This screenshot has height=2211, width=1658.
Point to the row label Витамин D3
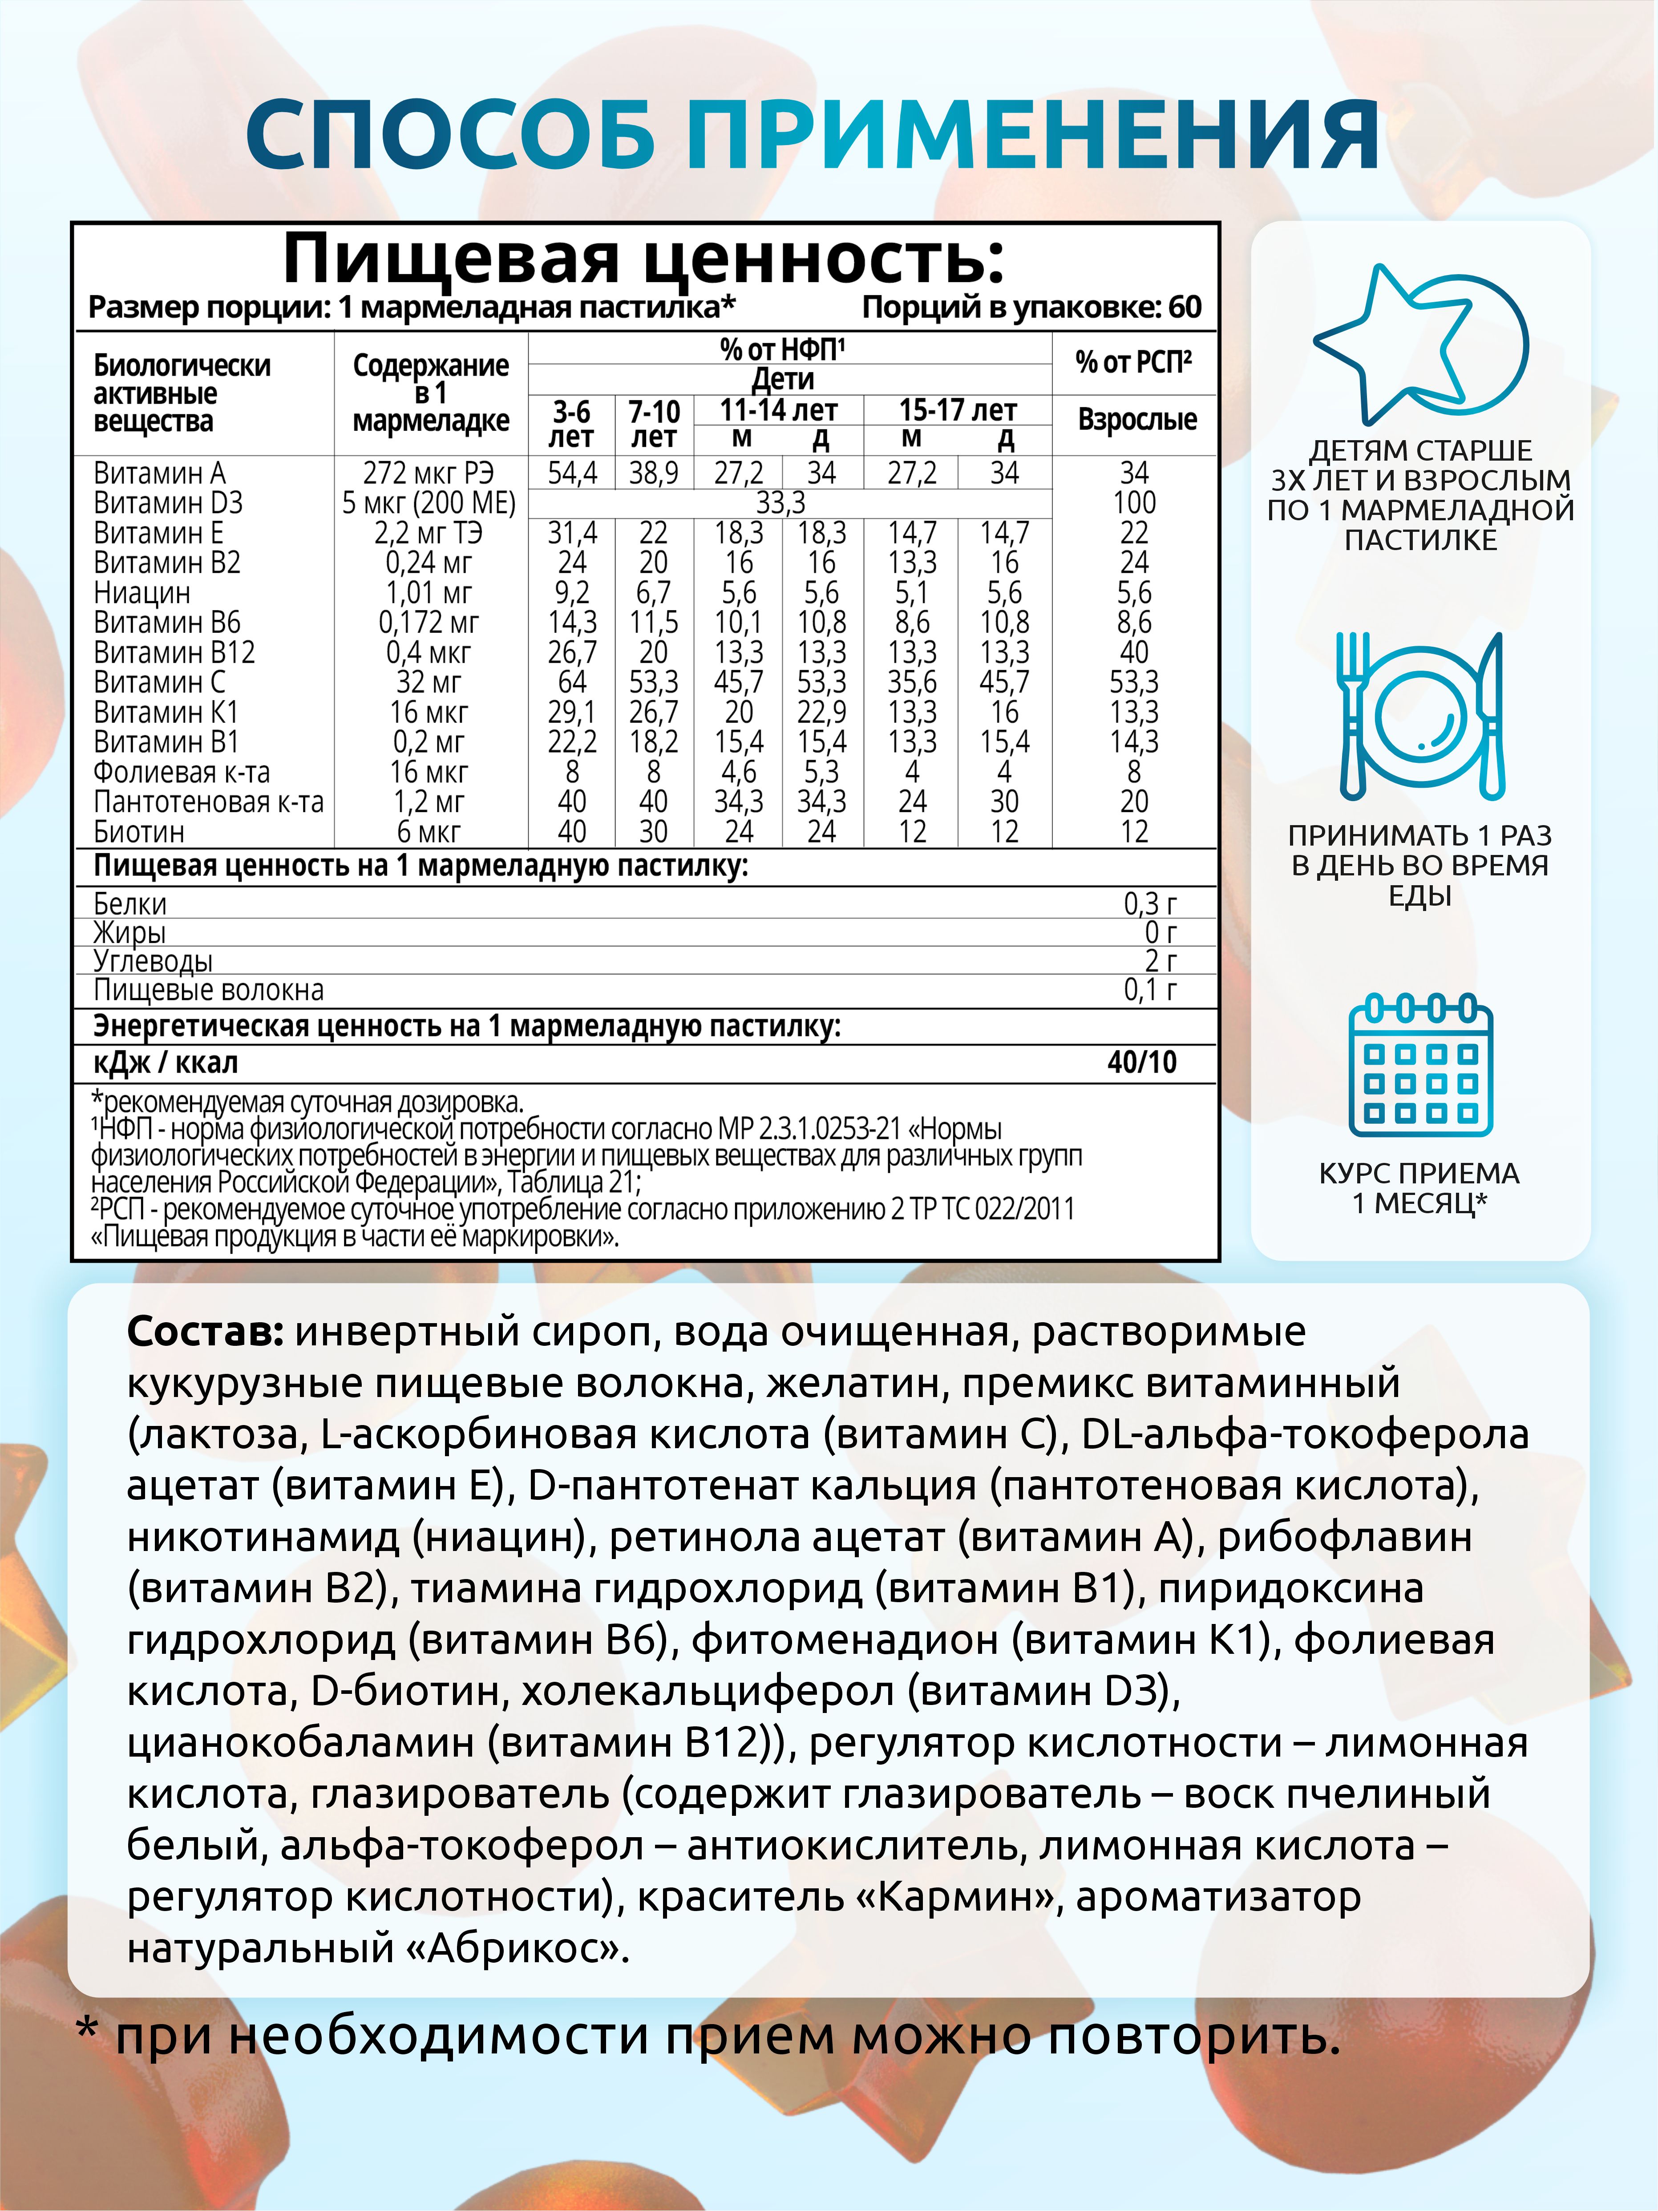(168, 503)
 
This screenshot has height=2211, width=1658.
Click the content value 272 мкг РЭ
(428, 473)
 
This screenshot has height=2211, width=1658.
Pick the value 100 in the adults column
(1134, 503)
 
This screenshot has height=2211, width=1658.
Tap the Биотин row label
(139, 832)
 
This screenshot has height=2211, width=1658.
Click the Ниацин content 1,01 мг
(428, 593)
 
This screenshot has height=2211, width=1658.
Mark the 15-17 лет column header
(958, 410)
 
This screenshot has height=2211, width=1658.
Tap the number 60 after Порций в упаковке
(1185, 307)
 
